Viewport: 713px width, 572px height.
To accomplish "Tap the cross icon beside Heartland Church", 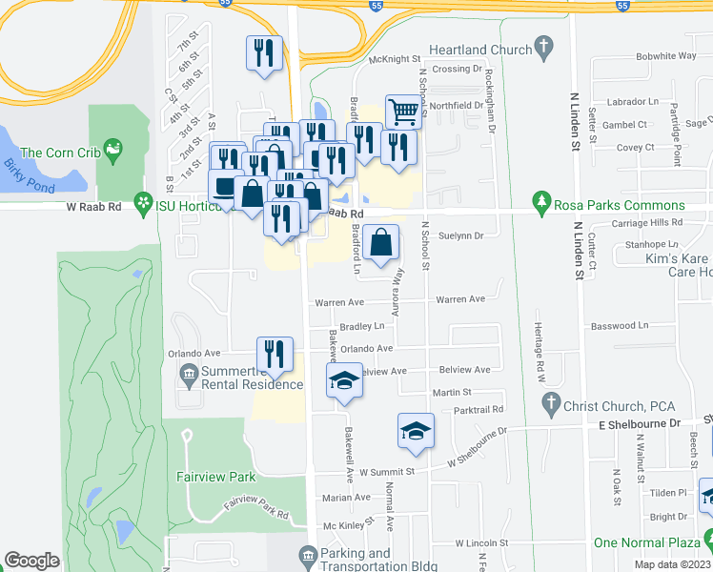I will click(543, 46).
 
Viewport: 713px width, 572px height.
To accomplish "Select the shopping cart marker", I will click(403, 112).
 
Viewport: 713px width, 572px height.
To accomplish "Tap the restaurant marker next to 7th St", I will click(264, 51).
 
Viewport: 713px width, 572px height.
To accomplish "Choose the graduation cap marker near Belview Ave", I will click(344, 381).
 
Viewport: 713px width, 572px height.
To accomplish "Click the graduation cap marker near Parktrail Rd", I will click(416, 431).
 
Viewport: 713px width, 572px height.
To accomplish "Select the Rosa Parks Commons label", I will click(621, 205).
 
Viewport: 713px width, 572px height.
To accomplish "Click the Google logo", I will click(31, 561).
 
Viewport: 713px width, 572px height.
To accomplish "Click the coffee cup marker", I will click(225, 186).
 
